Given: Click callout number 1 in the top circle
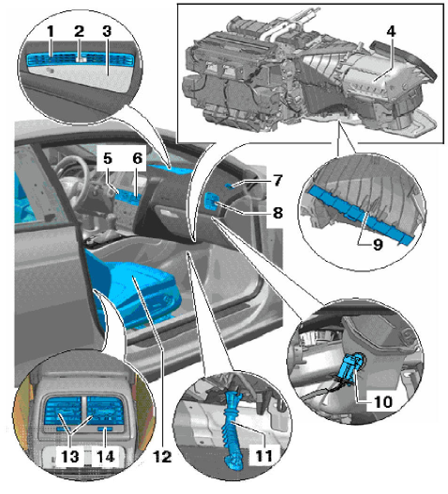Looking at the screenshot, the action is click(51, 32).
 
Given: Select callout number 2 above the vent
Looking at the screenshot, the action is click(79, 32).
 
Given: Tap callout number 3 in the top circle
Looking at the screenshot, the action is click(107, 32).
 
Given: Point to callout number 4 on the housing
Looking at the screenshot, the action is click(391, 32).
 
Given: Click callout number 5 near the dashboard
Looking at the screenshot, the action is click(108, 159).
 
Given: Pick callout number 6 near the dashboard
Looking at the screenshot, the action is click(137, 159).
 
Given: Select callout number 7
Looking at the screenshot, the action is click(277, 180).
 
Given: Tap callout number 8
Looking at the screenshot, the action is click(278, 213).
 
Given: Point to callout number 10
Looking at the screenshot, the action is click(383, 402).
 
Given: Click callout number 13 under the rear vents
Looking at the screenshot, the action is click(70, 456).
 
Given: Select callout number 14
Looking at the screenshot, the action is click(105, 456).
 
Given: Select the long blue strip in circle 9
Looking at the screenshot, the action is click(360, 214).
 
